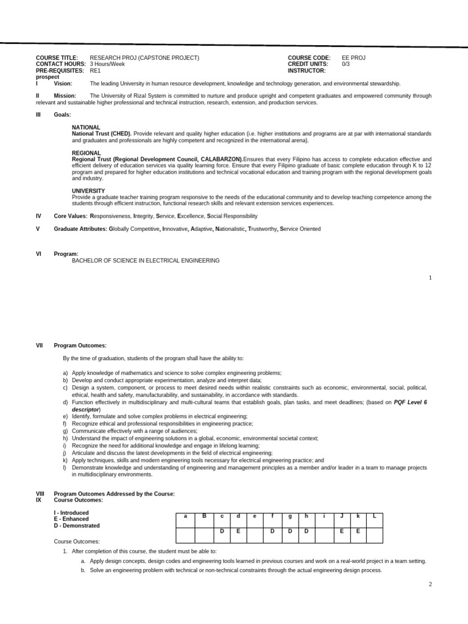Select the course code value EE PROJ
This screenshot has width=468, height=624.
point(353,58)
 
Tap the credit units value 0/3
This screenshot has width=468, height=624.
point(346,64)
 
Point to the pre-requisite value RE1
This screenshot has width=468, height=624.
point(96,71)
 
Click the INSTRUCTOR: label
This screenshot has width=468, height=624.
point(307,71)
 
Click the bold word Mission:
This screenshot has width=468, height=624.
point(65,96)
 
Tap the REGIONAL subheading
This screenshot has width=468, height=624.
point(86,153)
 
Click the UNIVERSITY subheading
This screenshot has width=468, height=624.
point(88,191)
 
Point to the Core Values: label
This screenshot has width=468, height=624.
point(71,216)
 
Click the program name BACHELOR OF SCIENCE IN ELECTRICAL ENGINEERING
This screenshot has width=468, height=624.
point(146,260)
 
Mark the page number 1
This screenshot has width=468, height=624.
point(430,278)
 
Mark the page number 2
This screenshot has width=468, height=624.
point(430,584)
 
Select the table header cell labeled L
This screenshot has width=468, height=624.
point(374,516)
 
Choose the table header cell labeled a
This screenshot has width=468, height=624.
point(185,516)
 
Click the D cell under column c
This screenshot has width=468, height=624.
point(222,531)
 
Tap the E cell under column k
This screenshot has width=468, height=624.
point(358,531)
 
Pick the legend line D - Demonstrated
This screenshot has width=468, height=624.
point(77,525)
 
